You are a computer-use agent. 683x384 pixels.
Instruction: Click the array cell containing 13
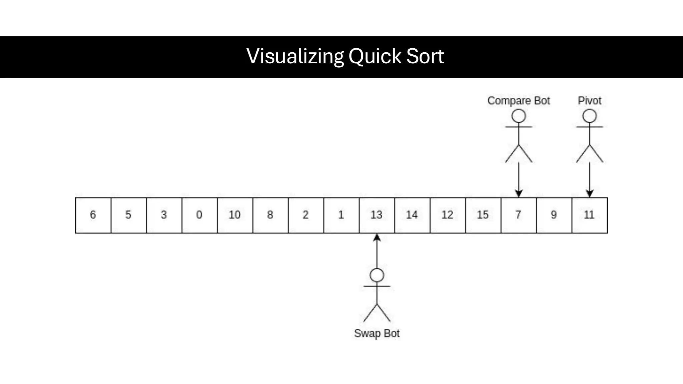(x=377, y=215)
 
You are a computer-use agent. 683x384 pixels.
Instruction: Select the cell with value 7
(x=518, y=215)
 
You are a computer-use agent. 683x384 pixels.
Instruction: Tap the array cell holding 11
(x=589, y=215)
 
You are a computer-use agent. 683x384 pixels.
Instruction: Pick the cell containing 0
(x=199, y=215)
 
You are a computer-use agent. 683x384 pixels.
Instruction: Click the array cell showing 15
(x=483, y=215)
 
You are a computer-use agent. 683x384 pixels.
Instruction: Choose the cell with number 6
(x=93, y=215)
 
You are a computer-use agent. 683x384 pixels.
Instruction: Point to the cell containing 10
(x=235, y=215)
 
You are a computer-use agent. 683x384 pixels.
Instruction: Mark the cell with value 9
(x=554, y=215)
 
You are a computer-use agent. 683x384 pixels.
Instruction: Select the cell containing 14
(x=412, y=215)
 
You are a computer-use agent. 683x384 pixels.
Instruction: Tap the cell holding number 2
(x=305, y=215)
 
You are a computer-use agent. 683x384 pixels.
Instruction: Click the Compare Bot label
(x=518, y=101)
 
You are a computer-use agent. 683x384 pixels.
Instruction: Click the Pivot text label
(x=589, y=101)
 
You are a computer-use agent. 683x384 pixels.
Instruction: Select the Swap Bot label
(x=377, y=333)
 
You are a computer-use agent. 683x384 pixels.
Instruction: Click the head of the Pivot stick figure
(x=589, y=116)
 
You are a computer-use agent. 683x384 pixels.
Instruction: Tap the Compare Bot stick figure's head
(x=519, y=116)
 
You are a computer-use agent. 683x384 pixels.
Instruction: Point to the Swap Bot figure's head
(x=377, y=275)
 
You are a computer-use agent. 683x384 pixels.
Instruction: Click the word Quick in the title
(x=375, y=56)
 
